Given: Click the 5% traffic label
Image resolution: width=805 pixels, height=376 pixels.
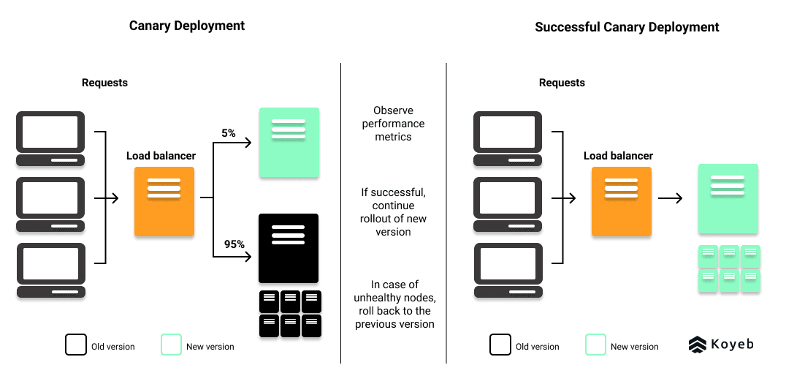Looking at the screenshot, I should [x=229, y=133].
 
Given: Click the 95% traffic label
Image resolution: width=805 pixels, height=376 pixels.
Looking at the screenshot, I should [x=234, y=244].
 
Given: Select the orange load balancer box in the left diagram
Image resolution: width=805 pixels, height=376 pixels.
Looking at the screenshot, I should [x=164, y=201].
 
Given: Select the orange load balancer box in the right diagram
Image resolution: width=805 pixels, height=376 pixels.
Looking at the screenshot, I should [x=621, y=201].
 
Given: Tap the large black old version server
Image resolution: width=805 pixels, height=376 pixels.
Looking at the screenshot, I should [x=289, y=248].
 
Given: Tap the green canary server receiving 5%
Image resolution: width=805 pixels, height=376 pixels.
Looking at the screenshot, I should [x=289, y=143].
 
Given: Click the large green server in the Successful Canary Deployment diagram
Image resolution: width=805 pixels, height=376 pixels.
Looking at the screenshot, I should [x=728, y=199].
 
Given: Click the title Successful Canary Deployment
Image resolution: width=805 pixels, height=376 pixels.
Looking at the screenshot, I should [x=627, y=27].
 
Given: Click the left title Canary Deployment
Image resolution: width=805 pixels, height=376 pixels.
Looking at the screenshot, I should [x=187, y=26].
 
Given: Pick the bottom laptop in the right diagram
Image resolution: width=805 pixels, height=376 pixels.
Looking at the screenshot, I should [x=508, y=270].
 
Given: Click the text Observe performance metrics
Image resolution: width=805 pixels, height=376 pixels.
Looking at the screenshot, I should [x=393, y=124].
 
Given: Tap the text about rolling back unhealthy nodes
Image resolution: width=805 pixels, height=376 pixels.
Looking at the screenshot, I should [x=394, y=304].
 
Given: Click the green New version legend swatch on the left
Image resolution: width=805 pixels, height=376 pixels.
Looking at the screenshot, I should [x=171, y=345].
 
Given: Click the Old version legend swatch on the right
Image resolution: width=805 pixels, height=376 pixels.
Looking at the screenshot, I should [x=500, y=345].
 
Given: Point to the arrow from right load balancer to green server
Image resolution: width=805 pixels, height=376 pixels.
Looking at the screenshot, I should [x=670, y=198].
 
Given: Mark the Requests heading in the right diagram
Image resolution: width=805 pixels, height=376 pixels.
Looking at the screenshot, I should [x=562, y=83].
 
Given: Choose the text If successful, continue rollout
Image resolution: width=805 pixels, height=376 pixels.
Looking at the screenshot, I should [x=394, y=212].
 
